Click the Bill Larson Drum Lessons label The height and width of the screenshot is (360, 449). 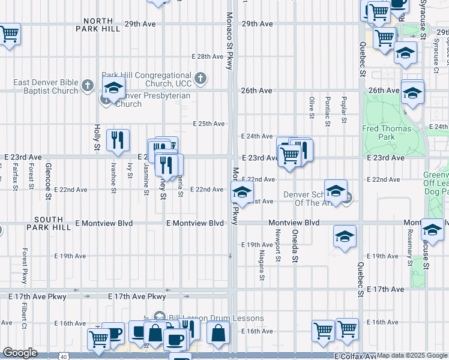[216, 318]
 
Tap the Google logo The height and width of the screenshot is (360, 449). [20, 353]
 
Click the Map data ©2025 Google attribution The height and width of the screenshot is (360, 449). [412, 356]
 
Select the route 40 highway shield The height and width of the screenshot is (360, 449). [64, 356]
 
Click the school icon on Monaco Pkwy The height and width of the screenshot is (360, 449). [241, 193]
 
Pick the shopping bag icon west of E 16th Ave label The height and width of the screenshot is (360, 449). [218, 333]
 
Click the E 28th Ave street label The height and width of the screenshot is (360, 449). [208, 56]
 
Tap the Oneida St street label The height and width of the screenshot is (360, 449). [295, 242]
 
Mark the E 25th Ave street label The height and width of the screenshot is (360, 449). [208, 124]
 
